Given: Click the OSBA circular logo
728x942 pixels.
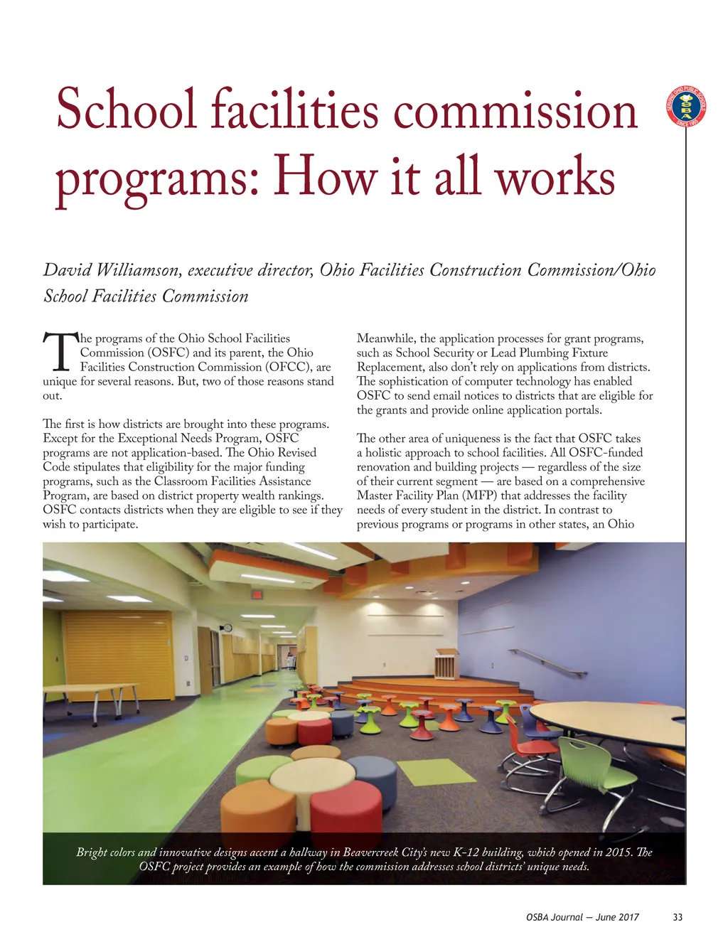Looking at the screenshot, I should (686, 107).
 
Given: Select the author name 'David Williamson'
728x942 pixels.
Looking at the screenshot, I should (110, 270).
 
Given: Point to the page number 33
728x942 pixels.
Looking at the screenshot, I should (678, 917).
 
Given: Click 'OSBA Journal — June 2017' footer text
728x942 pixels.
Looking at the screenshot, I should (582, 917).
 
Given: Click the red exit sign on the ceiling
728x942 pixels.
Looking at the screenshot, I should (257, 594).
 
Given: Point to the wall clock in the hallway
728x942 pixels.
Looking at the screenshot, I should (227, 627).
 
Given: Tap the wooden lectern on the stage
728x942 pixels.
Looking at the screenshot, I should (447, 664).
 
